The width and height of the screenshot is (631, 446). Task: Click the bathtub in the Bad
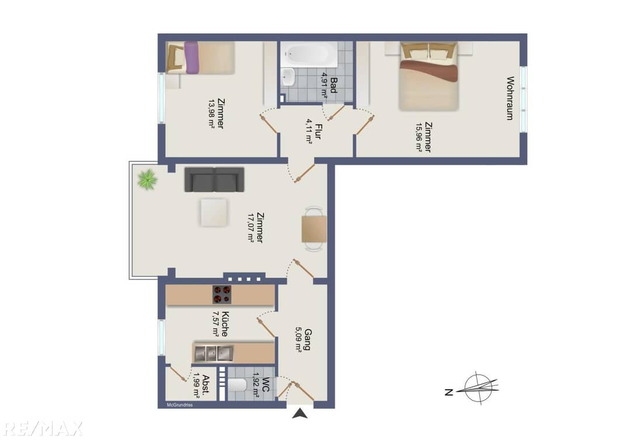[x=310, y=55]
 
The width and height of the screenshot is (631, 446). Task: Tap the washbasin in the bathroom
[x=287, y=77]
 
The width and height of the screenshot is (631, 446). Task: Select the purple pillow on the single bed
[x=191, y=57]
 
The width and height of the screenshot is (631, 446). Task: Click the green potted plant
[x=147, y=179]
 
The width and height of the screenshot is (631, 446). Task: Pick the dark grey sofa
[x=214, y=179]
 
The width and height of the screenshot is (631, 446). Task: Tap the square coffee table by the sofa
[x=214, y=212]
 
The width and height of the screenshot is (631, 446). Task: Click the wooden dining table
[x=314, y=229]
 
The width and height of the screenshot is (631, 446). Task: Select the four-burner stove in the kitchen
[x=222, y=294]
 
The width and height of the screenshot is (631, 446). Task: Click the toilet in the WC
[x=237, y=385]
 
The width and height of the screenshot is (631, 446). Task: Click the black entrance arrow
[x=300, y=413]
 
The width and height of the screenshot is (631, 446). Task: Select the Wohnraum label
[x=510, y=98]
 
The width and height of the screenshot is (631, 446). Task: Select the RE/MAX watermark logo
[x=41, y=428]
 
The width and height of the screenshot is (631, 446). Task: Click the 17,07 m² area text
[x=251, y=227]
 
